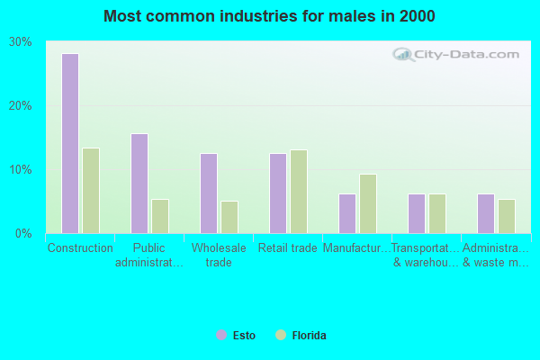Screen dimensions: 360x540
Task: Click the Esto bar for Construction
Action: tap(70, 143)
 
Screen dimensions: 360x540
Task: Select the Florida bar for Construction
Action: tap(91, 191)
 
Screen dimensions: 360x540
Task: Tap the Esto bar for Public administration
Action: tap(139, 184)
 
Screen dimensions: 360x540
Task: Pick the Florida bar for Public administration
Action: tap(160, 216)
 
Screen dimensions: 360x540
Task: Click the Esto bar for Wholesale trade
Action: tap(209, 193)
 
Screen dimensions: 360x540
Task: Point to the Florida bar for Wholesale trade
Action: tap(229, 217)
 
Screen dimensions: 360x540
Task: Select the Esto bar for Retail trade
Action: tap(278, 193)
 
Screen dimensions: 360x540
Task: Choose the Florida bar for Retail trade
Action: tap(299, 192)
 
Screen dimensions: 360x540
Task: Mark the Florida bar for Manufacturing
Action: tap(368, 203)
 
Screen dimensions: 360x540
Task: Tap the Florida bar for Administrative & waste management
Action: tap(507, 216)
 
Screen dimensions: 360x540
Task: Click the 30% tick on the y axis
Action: tap(21, 42)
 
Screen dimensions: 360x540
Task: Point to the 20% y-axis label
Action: tap(21, 106)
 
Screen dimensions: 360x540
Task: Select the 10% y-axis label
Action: tap(21, 170)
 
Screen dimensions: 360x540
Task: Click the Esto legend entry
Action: tap(236, 336)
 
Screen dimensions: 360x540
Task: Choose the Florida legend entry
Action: tap(301, 336)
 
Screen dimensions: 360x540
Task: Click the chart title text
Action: tap(269, 16)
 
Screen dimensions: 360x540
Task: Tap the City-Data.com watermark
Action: tap(458, 55)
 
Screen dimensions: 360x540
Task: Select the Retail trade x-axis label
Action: tap(287, 248)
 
